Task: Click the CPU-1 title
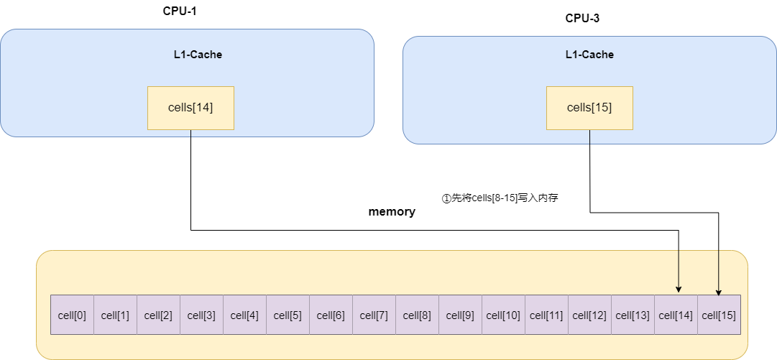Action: pos(180,11)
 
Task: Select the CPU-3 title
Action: pos(582,19)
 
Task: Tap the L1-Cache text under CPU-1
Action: pos(198,55)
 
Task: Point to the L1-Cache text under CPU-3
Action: pos(589,55)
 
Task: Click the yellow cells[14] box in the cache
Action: pos(190,108)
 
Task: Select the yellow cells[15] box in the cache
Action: pos(589,108)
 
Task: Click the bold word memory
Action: pos(392,212)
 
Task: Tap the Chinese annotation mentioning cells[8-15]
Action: pos(500,198)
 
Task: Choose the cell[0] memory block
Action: pos(72,315)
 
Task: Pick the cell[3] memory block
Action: pos(201,315)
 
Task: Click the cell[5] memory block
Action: pos(288,315)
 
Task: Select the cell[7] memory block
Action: pos(374,315)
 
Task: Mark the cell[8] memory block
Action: pos(417,315)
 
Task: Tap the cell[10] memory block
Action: pos(503,315)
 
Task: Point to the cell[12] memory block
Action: pos(589,315)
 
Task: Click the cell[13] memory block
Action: pos(633,315)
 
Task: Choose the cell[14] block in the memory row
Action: pos(676,315)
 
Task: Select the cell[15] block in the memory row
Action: pos(719,315)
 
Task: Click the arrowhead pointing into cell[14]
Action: pos(679,289)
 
